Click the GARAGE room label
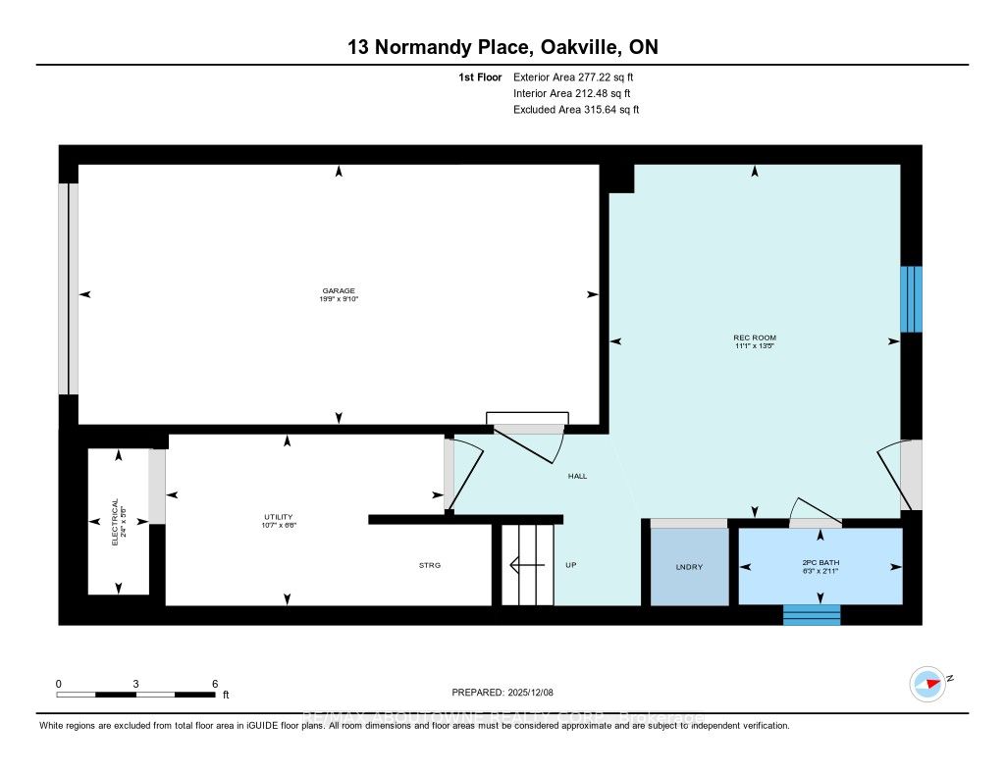[x=339, y=290]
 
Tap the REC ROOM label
[x=755, y=337]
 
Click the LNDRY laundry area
[x=690, y=568]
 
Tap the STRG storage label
[x=430, y=566]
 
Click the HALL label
[x=577, y=476]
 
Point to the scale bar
[x=135, y=694]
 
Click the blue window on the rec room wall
[x=911, y=299]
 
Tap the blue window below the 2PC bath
[x=812, y=615]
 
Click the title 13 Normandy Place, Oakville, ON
[x=502, y=47]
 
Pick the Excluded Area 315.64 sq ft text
[x=576, y=110]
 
